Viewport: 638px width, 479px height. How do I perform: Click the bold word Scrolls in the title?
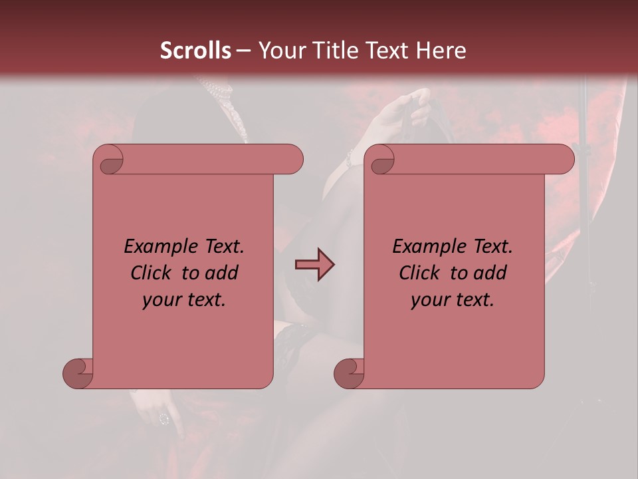click(x=196, y=51)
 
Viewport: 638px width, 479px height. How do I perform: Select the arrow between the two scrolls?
click(x=315, y=265)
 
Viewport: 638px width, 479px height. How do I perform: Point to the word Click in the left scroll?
click(x=153, y=273)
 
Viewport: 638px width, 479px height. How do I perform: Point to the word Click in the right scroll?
click(x=421, y=273)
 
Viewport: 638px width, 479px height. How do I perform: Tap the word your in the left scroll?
click(x=161, y=300)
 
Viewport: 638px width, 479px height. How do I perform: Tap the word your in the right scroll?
click(x=429, y=300)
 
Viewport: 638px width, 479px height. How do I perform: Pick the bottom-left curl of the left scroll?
click(x=78, y=373)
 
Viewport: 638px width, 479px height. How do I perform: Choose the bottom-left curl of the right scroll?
click(x=350, y=373)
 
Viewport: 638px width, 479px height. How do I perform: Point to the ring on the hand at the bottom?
click(x=163, y=418)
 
